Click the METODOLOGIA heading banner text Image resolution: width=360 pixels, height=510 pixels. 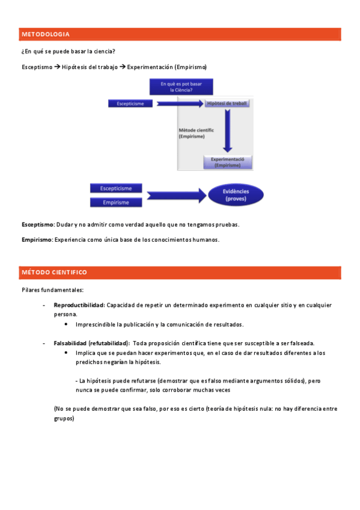46,34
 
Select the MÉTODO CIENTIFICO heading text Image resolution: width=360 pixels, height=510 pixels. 54,272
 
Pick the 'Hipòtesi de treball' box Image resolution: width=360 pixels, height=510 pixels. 227,104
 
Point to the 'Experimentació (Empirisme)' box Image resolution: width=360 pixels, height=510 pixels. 227,162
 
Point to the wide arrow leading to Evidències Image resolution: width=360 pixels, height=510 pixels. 174,195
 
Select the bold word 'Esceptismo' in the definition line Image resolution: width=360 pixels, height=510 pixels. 37,224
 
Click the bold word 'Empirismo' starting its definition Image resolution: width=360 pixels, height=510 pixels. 37,239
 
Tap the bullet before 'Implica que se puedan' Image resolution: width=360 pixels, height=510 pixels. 66,353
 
